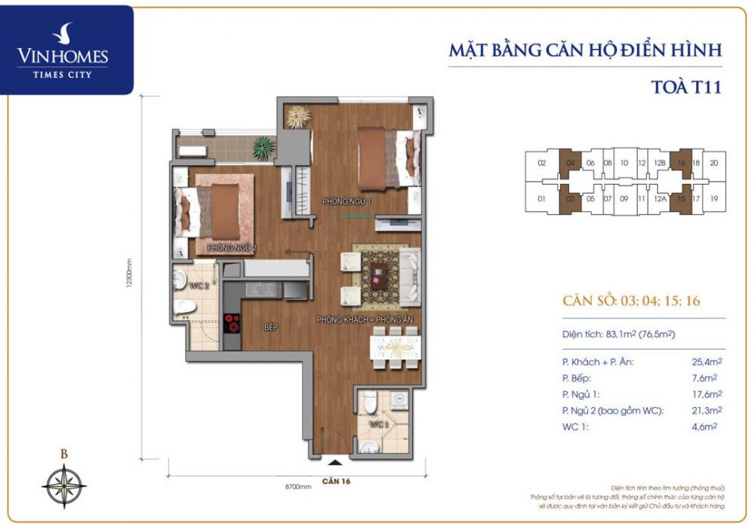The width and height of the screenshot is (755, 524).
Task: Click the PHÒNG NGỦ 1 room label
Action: tap(346, 202)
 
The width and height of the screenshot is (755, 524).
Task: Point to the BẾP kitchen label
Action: tap(271, 328)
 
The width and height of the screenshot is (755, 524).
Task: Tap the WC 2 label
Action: tap(197, 286)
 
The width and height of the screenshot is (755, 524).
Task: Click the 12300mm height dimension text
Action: tap(130, 280)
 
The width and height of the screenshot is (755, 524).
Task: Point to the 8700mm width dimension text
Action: tap(299, 487)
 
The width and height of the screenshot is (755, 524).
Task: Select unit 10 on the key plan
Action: tap(624, 162)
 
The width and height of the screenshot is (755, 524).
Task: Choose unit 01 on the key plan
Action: tap(541, 199)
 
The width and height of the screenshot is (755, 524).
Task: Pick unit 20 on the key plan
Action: tap(713, 162)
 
